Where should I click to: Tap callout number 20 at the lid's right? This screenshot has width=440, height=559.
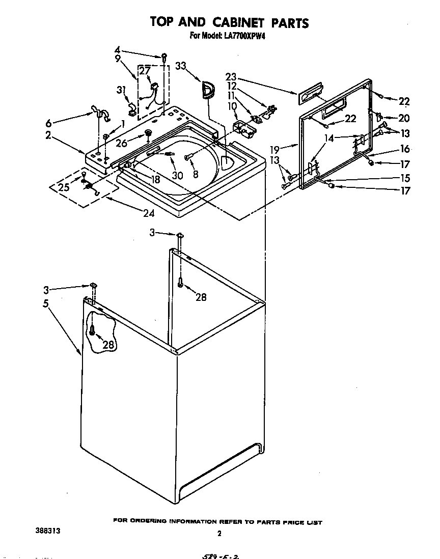404,118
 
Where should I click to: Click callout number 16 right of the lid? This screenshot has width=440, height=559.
404,149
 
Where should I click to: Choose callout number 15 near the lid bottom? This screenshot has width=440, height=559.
404,178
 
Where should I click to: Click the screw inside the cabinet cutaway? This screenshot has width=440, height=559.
92,331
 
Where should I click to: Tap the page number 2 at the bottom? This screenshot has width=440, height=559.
219,534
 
